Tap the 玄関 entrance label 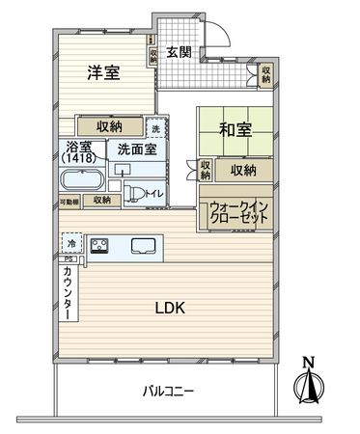[179, 53]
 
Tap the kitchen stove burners [100, 245]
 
